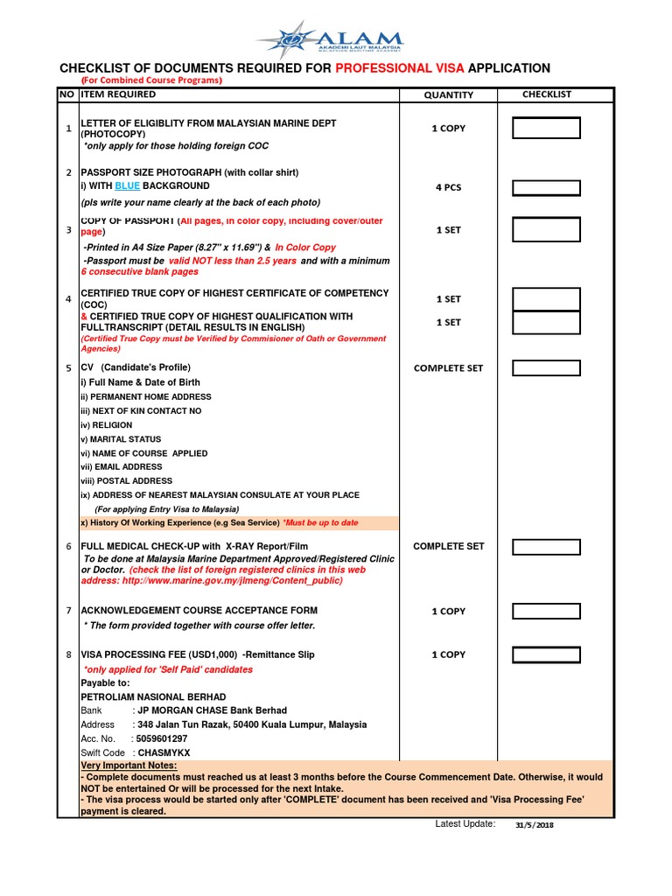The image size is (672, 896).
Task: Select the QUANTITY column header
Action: [x=448, y=95]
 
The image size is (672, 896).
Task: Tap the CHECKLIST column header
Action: [x=547, y=94]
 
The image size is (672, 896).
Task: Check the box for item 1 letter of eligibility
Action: [x=546, y=129]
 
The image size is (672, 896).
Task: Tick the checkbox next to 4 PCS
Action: [x=546, y=188]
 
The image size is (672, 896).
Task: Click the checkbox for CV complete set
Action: [x=546, y=368]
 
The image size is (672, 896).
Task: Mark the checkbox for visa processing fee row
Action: [x=546, y=654]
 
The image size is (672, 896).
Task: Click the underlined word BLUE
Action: [x=127, y=186]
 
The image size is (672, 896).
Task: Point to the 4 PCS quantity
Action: [x=448, y=188]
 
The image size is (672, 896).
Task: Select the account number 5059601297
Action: [x=162, y=738]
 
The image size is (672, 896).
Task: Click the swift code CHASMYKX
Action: [x=162, y=752]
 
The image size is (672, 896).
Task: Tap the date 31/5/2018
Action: [x=534, y=825]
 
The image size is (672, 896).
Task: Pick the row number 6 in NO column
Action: [x=68, y=547]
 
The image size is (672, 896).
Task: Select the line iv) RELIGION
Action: [x=107, y=425]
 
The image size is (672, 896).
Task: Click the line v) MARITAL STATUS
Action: [x=121, y=439]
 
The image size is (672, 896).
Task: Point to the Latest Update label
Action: [x=465, y=824]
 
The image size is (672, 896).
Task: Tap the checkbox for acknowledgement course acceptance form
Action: [x=546, y=611]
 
